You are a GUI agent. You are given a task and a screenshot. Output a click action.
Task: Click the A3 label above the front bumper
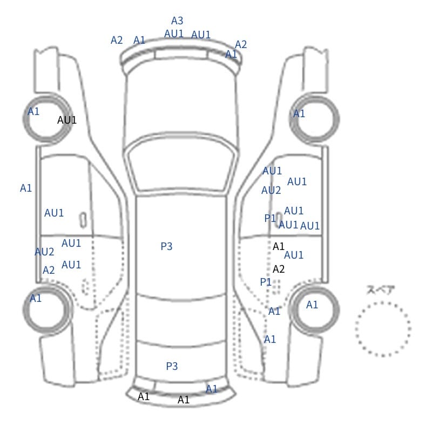point(177,21)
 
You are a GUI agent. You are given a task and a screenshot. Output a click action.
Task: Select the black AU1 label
point(66,120)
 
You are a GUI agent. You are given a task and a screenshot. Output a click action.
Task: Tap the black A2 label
point(278,269)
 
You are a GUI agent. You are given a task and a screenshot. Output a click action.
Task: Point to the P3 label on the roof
point(166,246)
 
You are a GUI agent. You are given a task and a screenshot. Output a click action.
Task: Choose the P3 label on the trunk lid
point(172,366)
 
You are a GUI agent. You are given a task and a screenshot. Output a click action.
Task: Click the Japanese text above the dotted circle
point(377,290)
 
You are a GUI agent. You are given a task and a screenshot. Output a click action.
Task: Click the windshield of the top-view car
point(181,163)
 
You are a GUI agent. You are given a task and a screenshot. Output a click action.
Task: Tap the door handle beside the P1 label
point(279,220)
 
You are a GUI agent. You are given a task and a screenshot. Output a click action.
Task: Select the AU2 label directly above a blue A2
point(44,252)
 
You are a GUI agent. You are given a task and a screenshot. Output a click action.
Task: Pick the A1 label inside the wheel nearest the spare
point(312,305)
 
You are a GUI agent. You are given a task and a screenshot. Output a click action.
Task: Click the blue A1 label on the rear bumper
point(212,389)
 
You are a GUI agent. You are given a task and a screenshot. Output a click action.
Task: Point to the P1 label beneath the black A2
point(266,282)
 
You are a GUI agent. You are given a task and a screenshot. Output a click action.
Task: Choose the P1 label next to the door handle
point(269,218)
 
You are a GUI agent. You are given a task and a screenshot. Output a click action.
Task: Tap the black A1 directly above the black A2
point(278,246)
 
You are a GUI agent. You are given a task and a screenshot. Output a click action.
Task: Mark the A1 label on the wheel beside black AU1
point(33,112)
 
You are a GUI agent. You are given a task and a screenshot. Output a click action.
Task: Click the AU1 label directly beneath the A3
point(174,34)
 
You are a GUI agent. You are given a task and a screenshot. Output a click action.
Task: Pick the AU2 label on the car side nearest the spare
point(271,191)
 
